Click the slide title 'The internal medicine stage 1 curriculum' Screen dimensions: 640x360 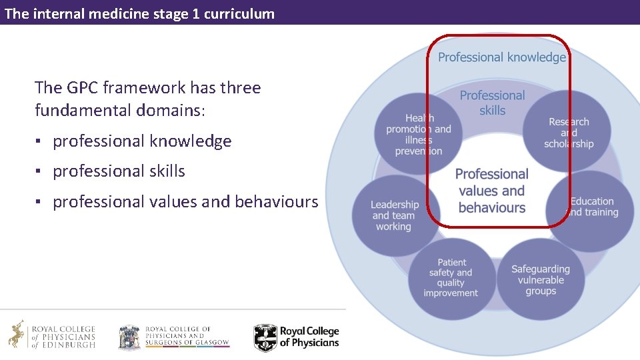[x=139, y=13]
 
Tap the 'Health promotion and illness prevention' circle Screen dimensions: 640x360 [x=418, y=134]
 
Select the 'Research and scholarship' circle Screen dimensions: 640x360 [x=568, y=132]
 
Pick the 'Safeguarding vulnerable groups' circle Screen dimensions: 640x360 [x=540, y=279]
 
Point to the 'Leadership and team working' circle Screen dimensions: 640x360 [x=395, y=215]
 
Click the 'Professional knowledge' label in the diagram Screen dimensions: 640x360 [x=501, y=57]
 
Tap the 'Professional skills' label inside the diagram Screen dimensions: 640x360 [x=492, y=103]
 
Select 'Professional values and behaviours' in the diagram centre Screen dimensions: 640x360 [x=492, y=191]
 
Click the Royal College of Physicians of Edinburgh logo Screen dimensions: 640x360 [x=52, y=335]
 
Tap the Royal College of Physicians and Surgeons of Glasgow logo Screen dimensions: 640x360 [x=173, y=337]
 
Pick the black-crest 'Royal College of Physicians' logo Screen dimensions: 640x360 [x=297, y=337]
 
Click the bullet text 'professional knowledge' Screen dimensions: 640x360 [x=142, y=141]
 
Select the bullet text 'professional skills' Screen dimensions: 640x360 [x=119, y=171]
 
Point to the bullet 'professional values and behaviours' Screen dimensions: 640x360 [x=185, y=201]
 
